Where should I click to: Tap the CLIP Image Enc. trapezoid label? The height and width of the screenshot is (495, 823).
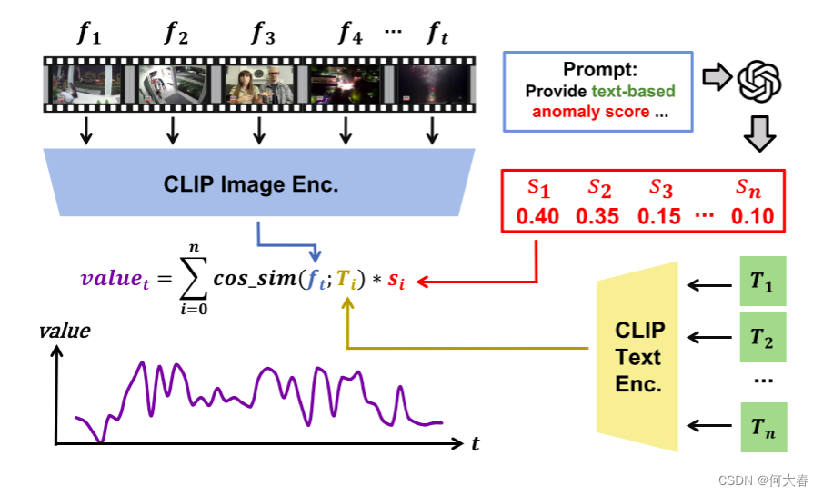[x=251, y=185]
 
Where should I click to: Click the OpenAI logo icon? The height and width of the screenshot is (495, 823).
[x=759, y=81]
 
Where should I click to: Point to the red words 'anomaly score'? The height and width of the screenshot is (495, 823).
[x=590, y=112]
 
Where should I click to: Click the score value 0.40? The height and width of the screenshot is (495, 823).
[x=538, y=216]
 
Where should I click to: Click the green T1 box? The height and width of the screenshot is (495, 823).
[x=761, y=282]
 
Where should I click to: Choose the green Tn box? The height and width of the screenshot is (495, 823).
[x=761, y=427]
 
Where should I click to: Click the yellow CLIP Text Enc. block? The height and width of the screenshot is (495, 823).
[x=638, y=356]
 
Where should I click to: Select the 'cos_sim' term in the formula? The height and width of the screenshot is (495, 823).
[x=254, y=279]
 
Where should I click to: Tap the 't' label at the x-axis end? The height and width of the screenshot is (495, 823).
[x=476, y=444]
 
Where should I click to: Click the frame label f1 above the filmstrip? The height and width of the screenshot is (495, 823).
[x=88, y=35]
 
